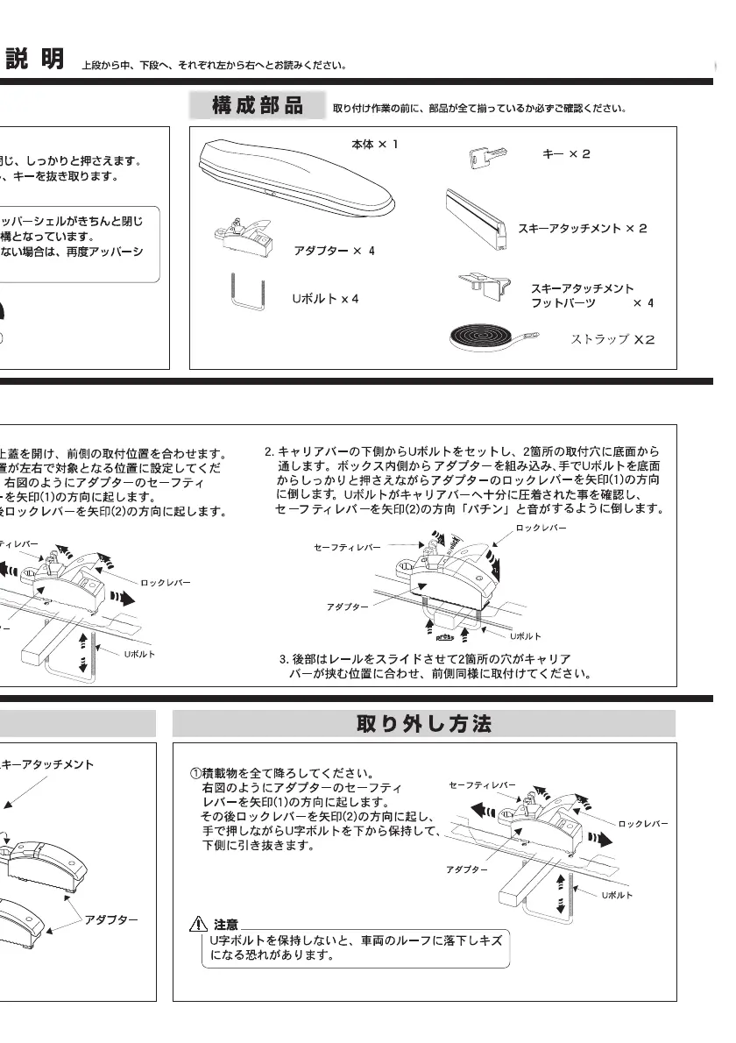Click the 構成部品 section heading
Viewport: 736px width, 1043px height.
tap(258, 106)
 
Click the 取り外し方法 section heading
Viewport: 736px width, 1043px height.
tap(424, 724)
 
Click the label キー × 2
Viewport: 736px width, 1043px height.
tap(566, 154)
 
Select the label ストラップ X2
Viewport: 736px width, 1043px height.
tap(613, 339)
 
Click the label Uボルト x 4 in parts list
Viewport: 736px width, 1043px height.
tap(325, 299)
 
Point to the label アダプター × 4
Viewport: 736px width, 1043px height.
tap(334, 251)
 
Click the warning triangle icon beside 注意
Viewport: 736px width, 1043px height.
tap(198, 924)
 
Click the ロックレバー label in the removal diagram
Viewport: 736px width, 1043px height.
tap(643, 824)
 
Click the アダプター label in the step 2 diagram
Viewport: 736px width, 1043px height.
tap(347, 607)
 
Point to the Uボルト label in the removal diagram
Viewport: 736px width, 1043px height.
tap(617, 895)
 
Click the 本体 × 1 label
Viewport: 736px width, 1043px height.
tap(374, 144)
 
